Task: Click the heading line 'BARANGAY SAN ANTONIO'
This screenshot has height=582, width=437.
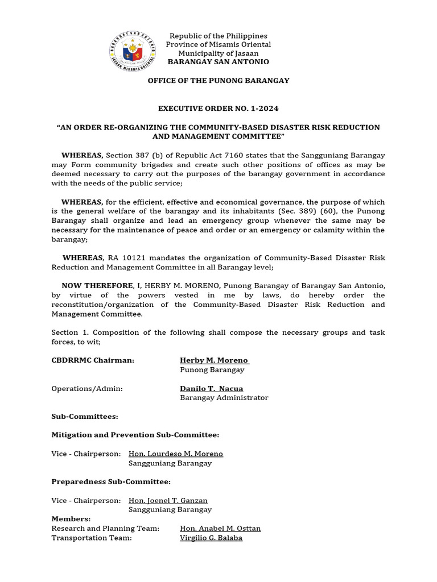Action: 218,61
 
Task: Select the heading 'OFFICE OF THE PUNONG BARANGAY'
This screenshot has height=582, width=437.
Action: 218,81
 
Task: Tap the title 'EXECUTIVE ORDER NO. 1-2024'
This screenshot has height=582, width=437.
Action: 218,109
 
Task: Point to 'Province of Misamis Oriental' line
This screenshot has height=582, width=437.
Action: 218,44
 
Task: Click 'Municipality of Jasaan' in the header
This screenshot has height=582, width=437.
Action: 218,53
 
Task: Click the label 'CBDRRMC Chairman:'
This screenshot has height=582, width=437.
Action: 93,360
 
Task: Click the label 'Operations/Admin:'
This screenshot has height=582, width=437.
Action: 87,389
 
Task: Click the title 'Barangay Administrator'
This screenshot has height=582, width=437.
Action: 224,398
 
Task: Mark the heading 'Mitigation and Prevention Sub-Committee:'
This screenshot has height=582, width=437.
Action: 135,435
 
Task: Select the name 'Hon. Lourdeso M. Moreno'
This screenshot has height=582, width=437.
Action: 176,454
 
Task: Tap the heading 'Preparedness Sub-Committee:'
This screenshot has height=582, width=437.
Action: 111,481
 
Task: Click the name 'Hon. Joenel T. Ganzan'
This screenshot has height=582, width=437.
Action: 168,500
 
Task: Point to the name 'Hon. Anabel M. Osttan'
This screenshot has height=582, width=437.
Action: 220,528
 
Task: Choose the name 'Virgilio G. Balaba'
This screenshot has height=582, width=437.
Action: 211,537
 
